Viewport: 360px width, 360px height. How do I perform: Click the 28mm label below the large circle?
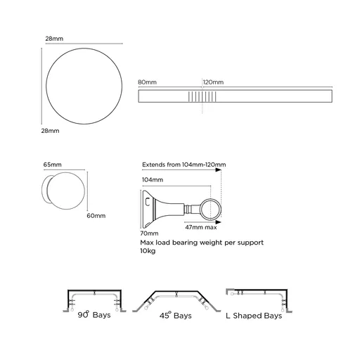pos(49,131)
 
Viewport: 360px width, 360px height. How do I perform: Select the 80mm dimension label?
pos(148,83)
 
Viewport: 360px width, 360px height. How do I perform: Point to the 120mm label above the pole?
pos(213,83)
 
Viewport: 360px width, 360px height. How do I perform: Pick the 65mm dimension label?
pos(52,165)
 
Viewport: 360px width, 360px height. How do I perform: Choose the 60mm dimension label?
pos(96,215)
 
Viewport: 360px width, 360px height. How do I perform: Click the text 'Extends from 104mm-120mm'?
pos(184,165)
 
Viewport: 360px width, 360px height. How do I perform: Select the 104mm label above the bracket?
pos(151,180)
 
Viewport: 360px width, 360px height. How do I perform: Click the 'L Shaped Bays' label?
pos(254,316)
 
